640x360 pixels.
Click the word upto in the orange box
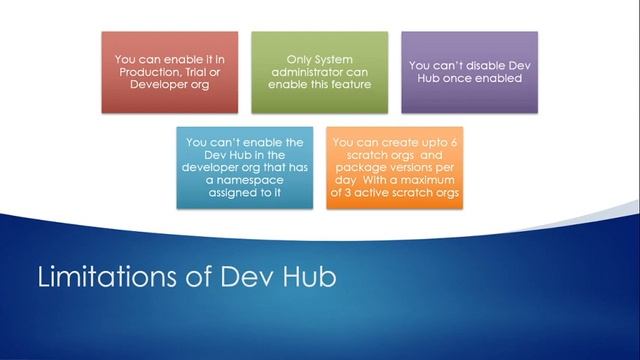pyautogui.click(x=434, y=143)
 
